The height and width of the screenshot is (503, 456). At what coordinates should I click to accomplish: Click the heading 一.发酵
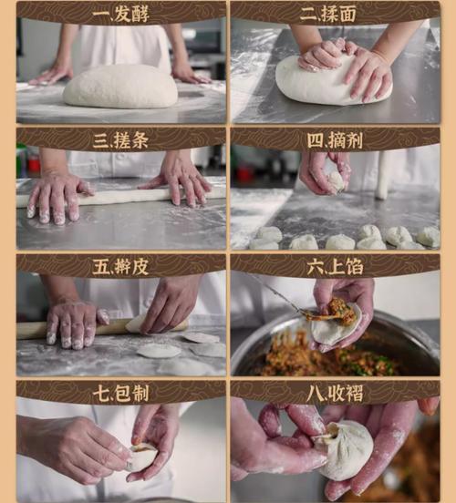coord(120,13)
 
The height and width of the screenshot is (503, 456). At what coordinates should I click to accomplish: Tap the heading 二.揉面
coord(334,13)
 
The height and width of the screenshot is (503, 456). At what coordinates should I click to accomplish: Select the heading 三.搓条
coord(120,139)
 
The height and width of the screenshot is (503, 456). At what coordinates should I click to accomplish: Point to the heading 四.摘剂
coord(334,139)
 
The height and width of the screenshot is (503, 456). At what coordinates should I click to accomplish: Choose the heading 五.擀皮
coord(120,266)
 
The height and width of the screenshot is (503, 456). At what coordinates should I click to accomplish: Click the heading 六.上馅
coord(334,266)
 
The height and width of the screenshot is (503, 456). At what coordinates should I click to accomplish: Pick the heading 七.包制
coord(120,393)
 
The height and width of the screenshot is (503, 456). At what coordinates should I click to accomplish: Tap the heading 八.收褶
coord(334,393)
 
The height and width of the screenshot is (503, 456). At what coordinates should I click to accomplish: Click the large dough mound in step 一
coord(120,87)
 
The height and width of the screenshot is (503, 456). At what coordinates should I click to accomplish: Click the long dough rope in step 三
coord(119,195)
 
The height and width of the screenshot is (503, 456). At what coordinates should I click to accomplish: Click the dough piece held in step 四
coord(335,180)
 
